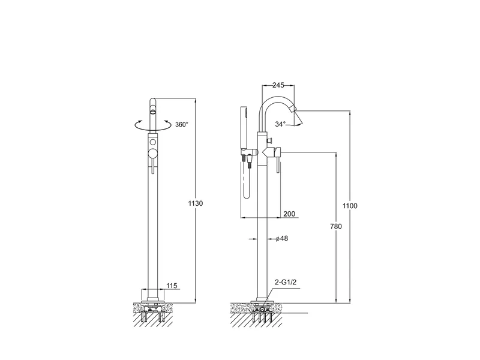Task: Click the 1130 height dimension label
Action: (x=196, y=203)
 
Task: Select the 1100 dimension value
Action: (x=350, y=206)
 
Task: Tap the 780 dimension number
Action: (x=336, y=227)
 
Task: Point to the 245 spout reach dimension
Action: (x=278, y=85)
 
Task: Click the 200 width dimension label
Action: (x=289, y=214)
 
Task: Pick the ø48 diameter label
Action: (x=281, y=238)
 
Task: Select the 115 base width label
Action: (x=172, y=286)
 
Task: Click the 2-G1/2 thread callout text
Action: (x=286, y=282)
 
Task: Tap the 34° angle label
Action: (x=280, y=124)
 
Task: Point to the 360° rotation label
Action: (x=182, y=125)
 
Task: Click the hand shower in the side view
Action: (x=244, y=128)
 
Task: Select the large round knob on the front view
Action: (x=152, y=154)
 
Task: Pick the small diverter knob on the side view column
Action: (x=269, y=140)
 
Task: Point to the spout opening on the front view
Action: (x=153, y=110)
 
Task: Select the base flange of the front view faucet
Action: (x=153, y=300)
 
